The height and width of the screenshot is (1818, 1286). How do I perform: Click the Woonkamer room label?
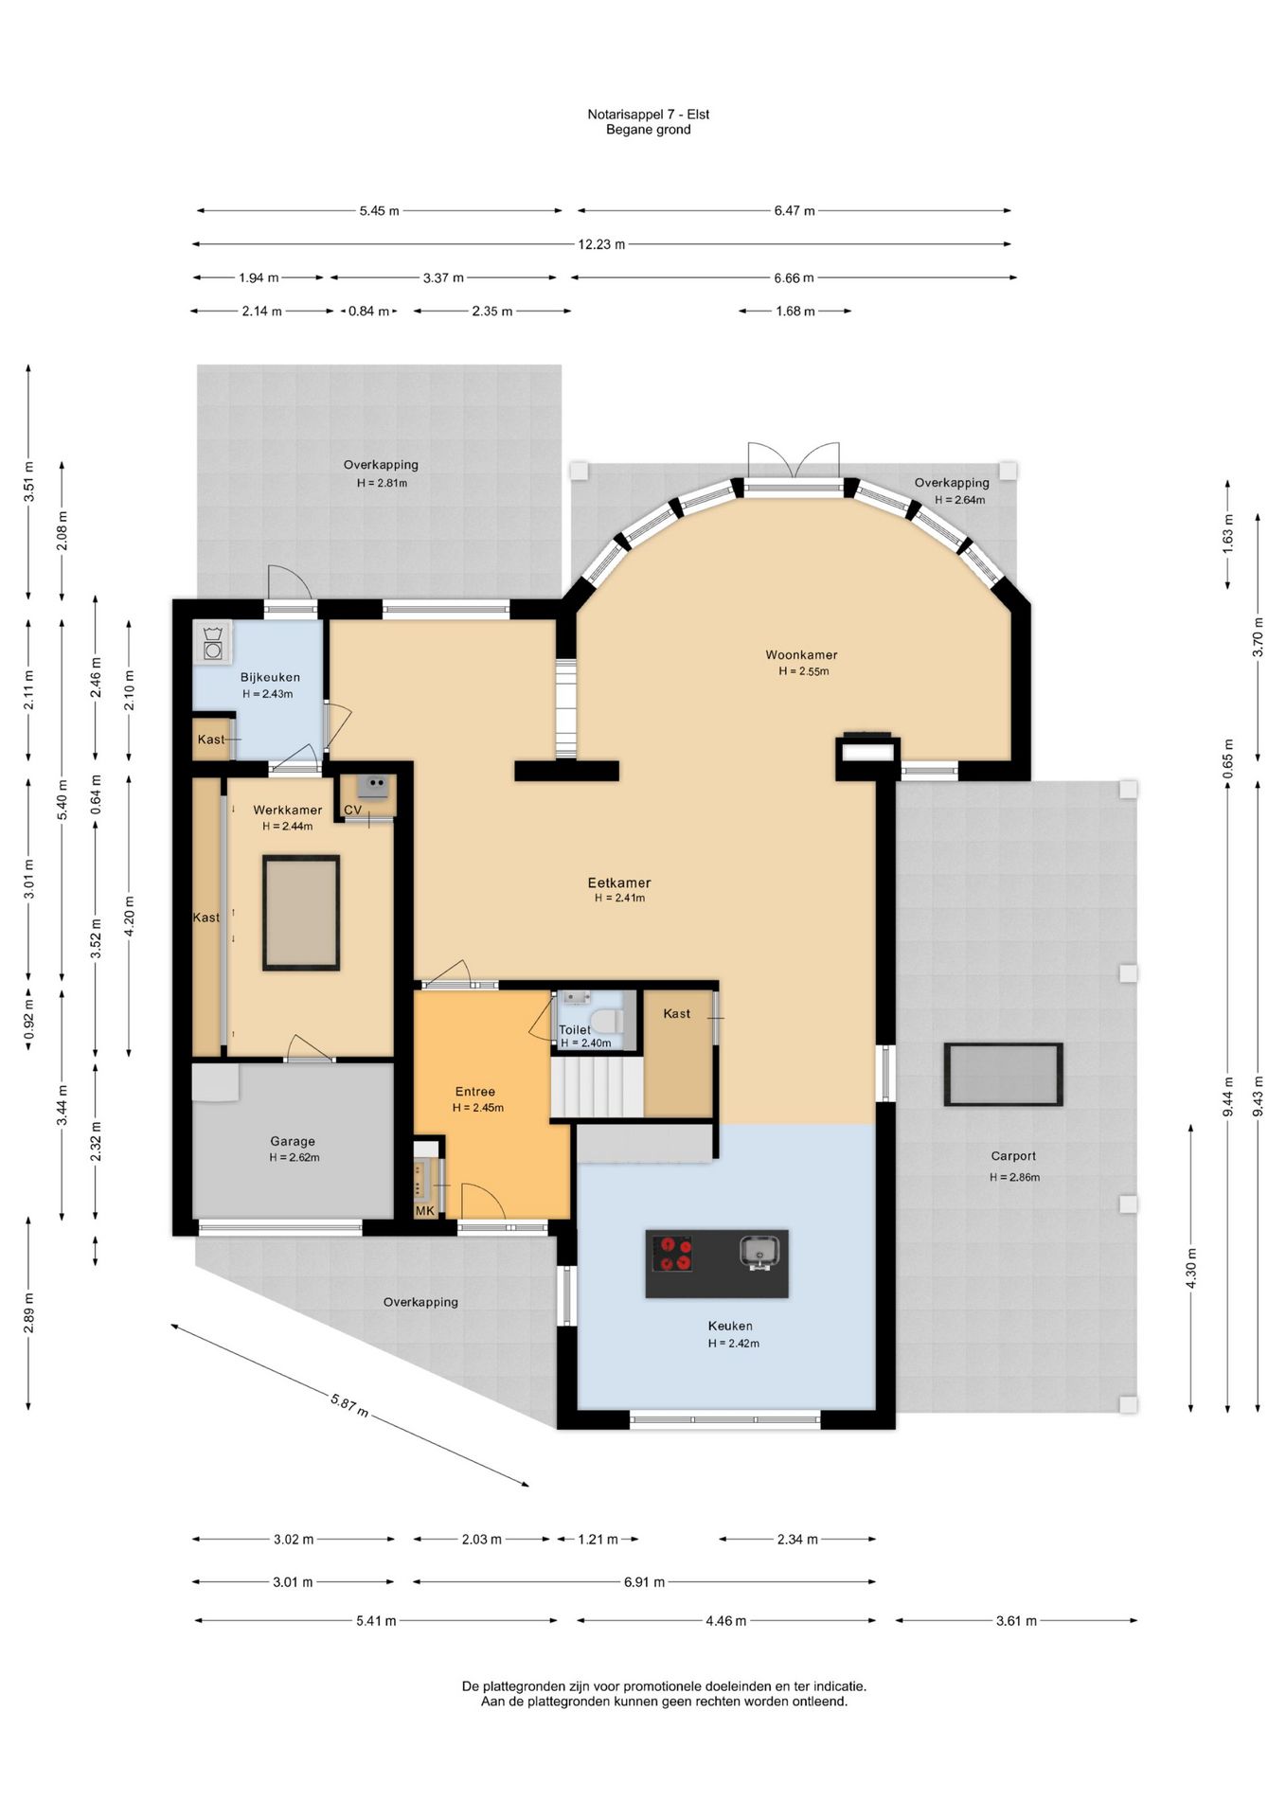point(801,654)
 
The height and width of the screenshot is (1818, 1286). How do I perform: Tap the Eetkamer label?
point(619,882)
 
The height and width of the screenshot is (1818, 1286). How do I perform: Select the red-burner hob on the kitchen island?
point(672,1253)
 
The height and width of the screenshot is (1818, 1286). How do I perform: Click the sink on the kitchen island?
point(759,1253)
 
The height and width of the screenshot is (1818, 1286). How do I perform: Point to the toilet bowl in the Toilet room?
point(611,1021)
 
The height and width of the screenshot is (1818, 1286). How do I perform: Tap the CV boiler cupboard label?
point(352,810)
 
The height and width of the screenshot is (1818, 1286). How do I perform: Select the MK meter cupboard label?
point(424,1211)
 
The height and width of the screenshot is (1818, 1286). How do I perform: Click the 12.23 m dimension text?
point(601,244)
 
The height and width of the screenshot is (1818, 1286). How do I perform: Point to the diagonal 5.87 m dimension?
point(349,1404)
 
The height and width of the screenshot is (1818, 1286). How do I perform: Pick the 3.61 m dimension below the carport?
point(1016,1620)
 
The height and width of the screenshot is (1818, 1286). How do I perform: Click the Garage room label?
point(292,1141)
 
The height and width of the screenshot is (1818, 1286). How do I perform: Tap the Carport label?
point(1013,1155)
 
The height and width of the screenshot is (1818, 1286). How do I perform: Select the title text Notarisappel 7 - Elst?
point(648,115)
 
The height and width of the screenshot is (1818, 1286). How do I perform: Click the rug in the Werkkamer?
point(301,913)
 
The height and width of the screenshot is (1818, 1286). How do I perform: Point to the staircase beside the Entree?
point(598,1088)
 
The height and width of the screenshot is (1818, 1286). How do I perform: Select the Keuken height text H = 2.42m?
point(733,1343)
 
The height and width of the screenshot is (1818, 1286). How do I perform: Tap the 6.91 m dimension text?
point(644,1581)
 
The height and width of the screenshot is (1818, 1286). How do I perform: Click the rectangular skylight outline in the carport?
point(1003,1074)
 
